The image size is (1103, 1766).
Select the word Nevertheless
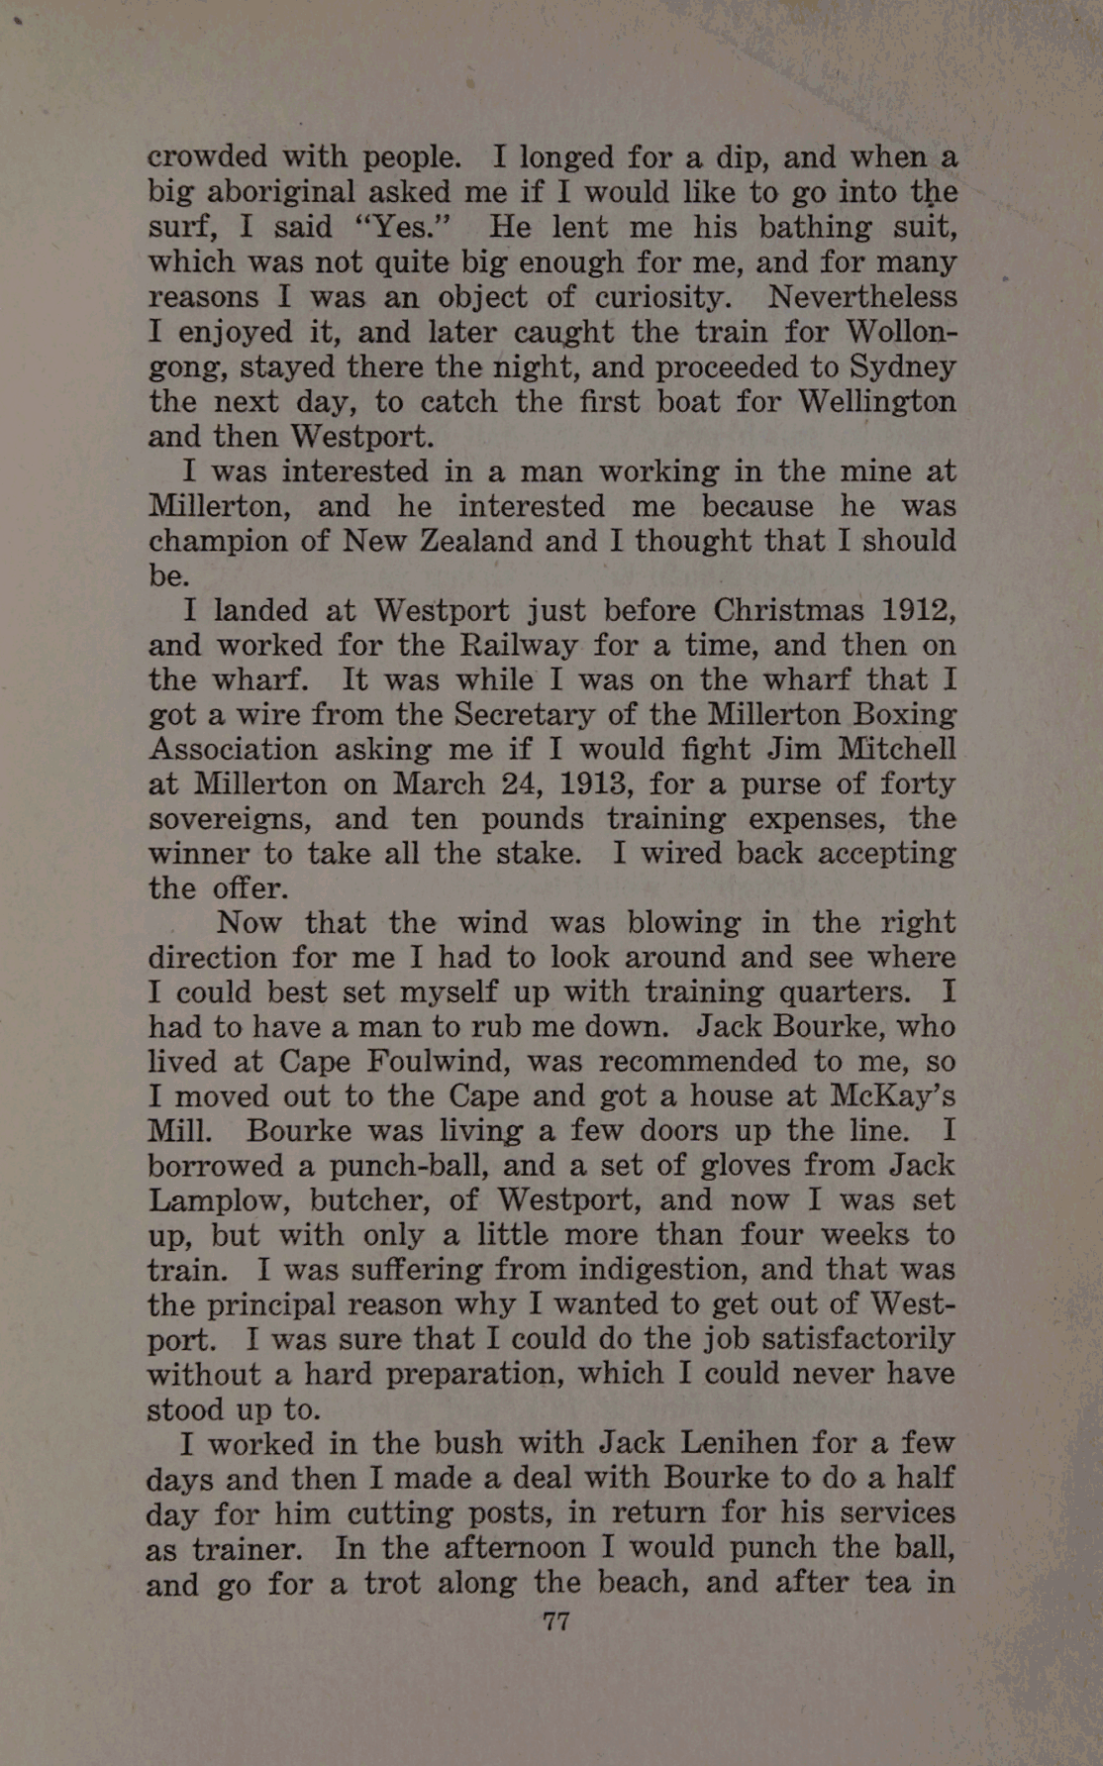[862, 297]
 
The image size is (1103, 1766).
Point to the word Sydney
[901, 367]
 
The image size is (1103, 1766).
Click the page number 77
[555, 1621]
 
